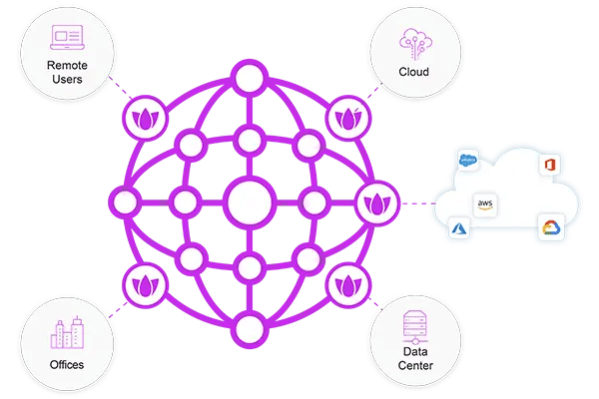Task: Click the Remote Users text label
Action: (x=68, y=72)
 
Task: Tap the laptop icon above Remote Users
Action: (x=68, y=37)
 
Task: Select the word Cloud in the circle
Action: (x=413, y=73)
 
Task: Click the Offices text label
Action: (x=67, y=365)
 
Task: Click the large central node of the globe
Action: (x=250, y=202)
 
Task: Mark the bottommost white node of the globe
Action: (x=249, y=327)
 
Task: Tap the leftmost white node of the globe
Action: (x=125, y=202)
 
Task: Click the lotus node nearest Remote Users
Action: (x=141, y=121)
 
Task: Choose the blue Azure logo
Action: (x=459, y=228)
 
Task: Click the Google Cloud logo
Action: (x=548, y=227)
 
